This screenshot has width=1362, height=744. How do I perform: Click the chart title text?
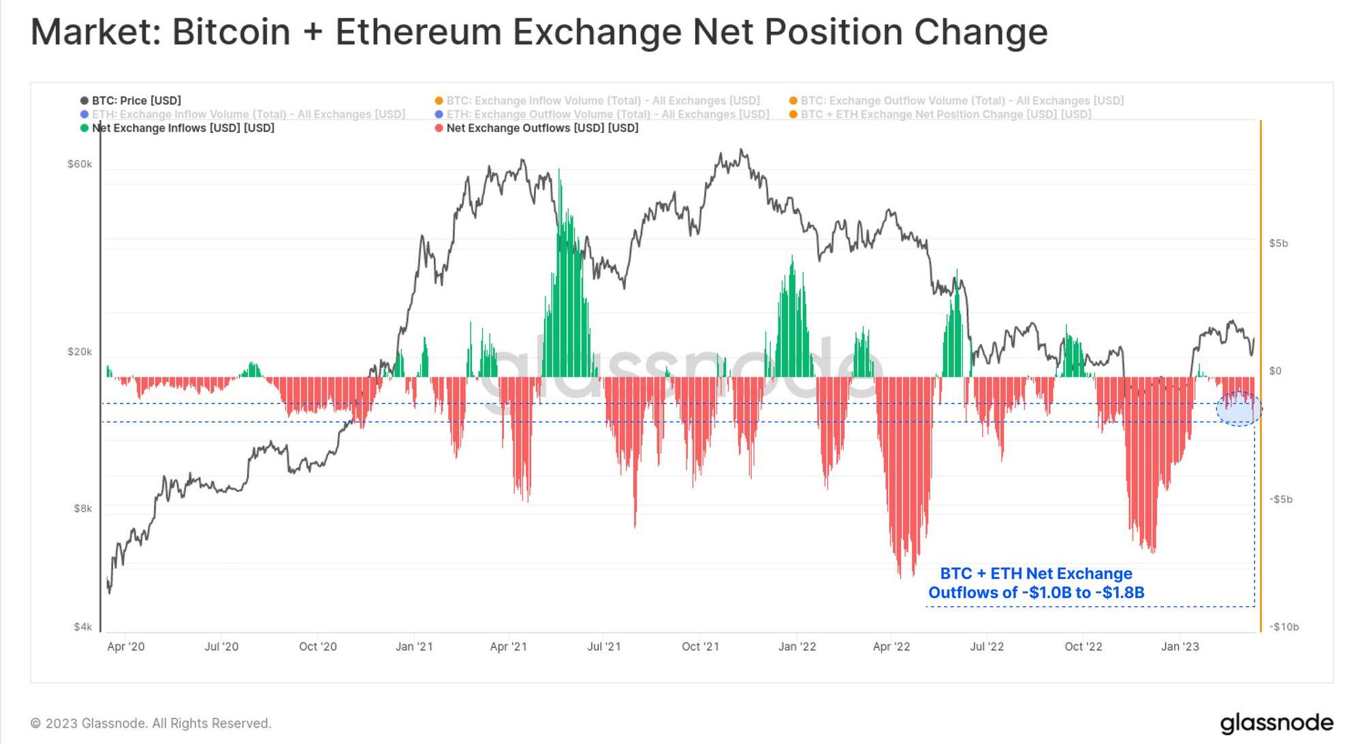(539, 32)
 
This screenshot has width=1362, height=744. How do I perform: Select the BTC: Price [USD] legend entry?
(136, 101)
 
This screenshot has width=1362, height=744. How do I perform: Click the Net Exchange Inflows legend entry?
(183, 128)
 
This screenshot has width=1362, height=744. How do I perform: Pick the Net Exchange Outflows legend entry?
(542, 128)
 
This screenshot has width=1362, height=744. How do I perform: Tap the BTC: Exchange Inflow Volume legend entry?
(603, 101)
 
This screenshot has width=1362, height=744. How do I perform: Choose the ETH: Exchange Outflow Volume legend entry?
(607, 114)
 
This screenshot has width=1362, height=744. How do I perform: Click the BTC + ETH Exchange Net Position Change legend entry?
(945, 114)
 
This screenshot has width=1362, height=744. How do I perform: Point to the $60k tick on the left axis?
(80, 164)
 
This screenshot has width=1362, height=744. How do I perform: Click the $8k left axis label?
(82, 508)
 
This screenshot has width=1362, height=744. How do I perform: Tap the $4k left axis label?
(82, 627)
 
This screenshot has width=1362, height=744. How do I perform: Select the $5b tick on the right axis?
(1278, 243)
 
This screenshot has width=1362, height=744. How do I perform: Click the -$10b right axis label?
(1284, 627)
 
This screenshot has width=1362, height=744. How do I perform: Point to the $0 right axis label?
(1275, 371)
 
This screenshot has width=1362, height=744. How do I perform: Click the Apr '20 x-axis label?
(126, 647)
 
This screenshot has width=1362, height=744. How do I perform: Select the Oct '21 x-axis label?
(700, 647)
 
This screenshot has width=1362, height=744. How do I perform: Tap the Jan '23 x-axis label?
(1179, 647)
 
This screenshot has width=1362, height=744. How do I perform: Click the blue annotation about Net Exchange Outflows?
(1036, 583)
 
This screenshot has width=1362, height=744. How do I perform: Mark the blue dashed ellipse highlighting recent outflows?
(1239, 409)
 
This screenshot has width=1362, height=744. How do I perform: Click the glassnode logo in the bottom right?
(1276, 723)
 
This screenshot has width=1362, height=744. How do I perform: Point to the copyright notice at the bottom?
(151, 723)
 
